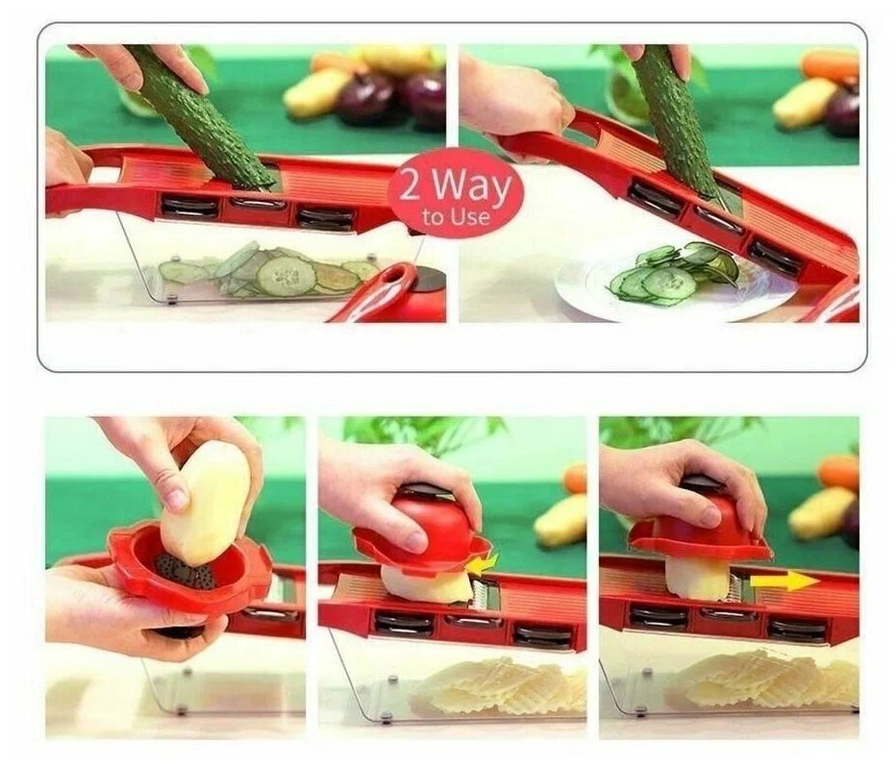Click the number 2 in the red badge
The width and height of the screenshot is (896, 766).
click(x=411, y=185)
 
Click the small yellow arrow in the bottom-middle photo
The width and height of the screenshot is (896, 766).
click(x=481, y=563)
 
